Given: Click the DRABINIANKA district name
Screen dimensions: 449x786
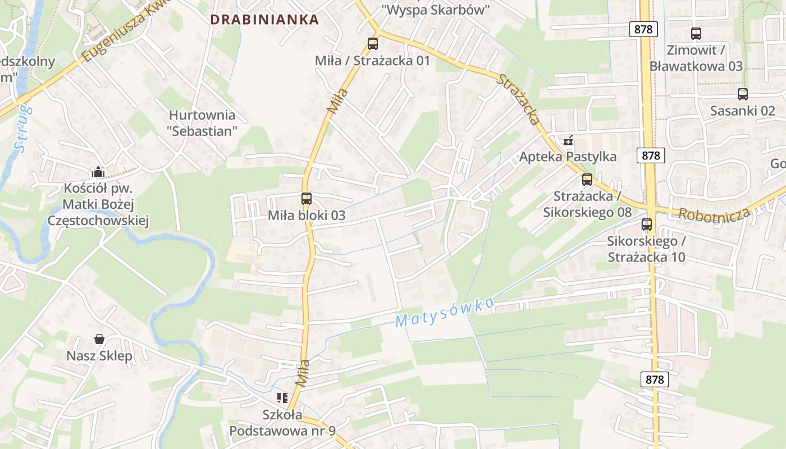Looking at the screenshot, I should click(264, 20).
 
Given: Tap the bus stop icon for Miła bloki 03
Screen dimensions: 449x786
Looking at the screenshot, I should click(306, 198).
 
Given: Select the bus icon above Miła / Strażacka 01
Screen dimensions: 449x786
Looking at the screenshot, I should click(372, 43).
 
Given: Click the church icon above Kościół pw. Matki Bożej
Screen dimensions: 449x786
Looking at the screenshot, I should click(98, 172).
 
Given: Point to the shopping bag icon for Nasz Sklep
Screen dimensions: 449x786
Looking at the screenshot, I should click(99, 339).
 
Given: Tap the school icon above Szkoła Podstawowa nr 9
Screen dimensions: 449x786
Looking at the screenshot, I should click(282, 398).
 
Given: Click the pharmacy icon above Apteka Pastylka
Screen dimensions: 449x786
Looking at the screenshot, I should click(568, 140).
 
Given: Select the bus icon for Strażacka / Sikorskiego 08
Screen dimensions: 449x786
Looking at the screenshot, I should click(587, 180).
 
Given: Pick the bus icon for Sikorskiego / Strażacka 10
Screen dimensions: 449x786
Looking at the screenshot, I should click(647, 224).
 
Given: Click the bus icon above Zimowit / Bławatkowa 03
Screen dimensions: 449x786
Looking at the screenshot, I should click(696, 34).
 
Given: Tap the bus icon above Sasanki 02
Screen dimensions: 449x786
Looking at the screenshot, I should click(743, 94).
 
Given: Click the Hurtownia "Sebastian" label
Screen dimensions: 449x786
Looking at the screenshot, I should click(202, 123).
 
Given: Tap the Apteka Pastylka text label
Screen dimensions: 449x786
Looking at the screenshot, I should click(568, 157).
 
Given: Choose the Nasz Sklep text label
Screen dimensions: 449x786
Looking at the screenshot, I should click(99, 356).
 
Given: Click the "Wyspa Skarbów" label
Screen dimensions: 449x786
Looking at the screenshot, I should click(436, 10).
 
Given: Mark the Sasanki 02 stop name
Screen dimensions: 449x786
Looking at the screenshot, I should click(742, 111).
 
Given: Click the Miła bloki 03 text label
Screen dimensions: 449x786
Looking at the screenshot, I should click(307, 215).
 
